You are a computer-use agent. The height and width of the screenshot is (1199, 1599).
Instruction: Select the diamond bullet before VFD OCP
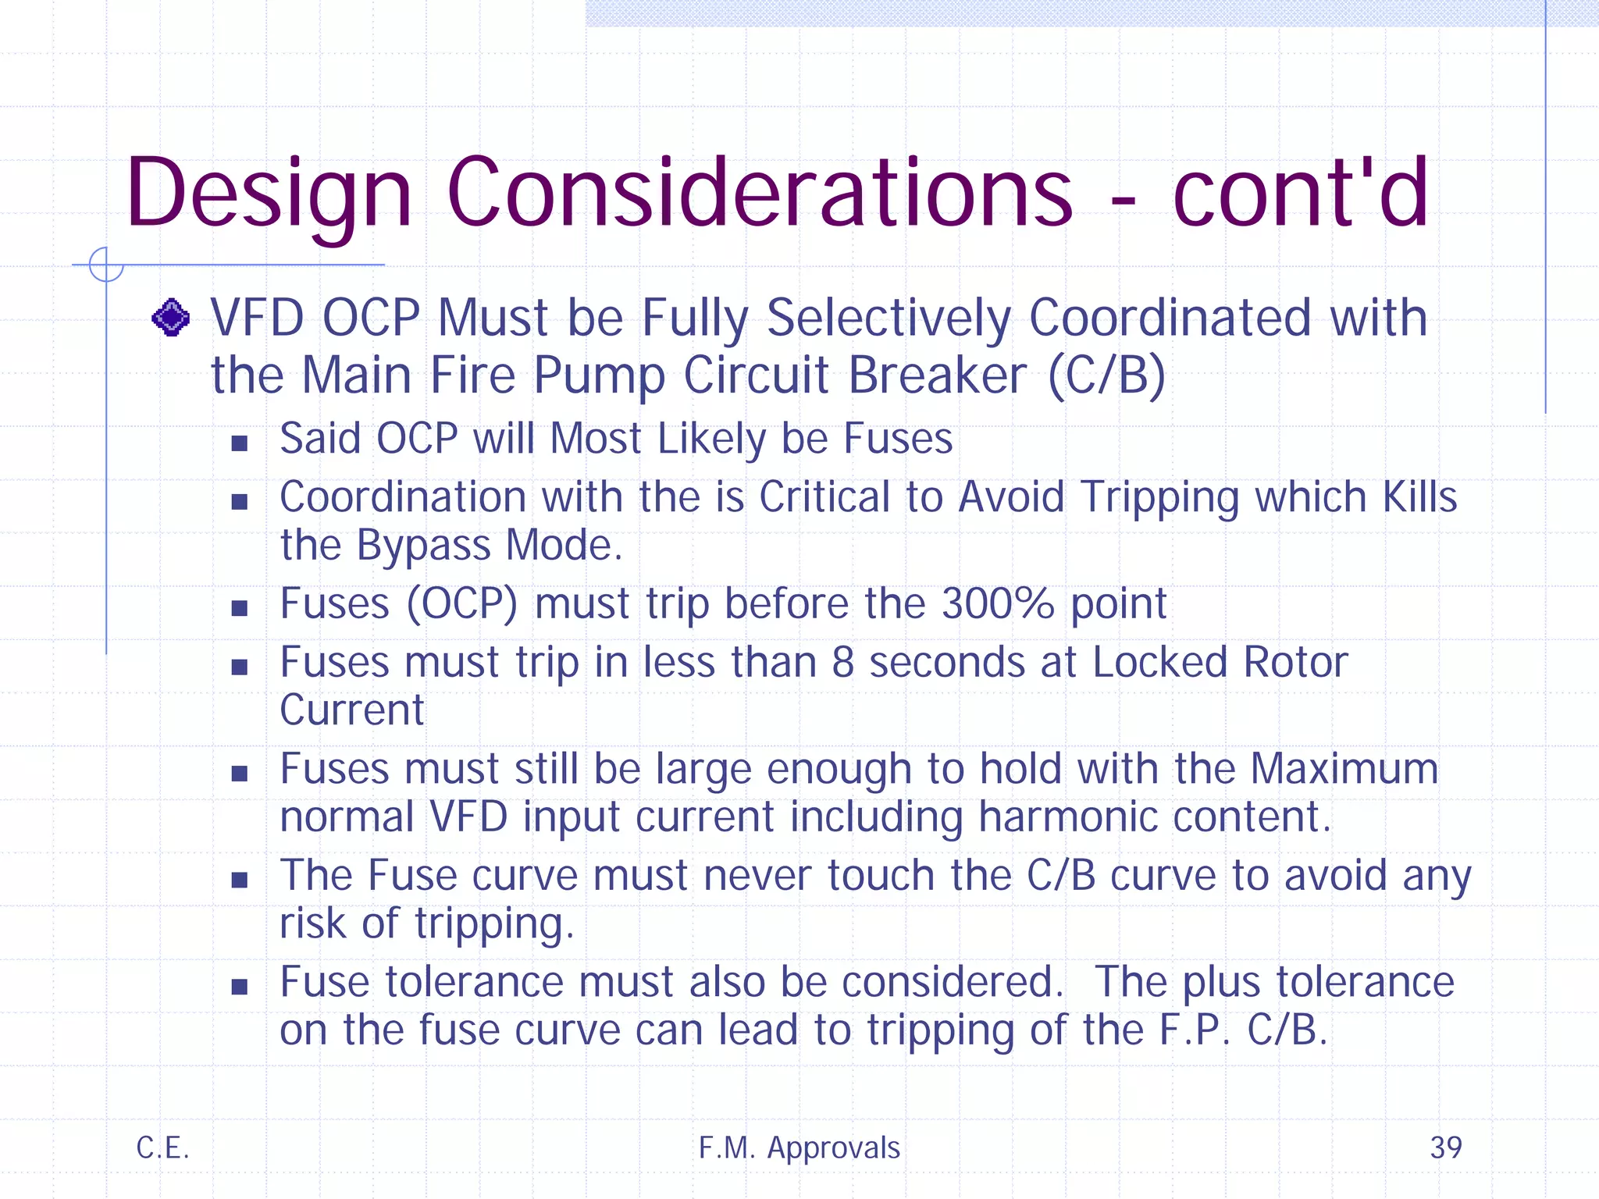(x=171, y=318)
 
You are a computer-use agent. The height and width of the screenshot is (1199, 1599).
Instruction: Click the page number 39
(x=1445, y=1147)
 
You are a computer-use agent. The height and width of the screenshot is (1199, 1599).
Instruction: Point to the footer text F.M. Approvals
(x=799, y=1147)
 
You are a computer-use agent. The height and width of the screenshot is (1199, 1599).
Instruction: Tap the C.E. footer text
(x=162, y=1147)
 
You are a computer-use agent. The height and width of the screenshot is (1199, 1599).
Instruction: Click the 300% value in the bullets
(x=997, y=603)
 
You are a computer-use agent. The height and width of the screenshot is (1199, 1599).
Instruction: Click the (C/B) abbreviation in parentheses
(x=1106, y=375)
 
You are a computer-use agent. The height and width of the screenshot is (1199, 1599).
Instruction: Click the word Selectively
(x=889, y=318)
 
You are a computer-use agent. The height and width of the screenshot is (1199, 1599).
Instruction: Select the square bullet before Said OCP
(x=240, y=443)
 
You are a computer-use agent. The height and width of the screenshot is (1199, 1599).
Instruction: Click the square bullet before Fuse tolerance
(x=240, y=987)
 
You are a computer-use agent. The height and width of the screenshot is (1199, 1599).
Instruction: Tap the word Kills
(x=1419, y=496)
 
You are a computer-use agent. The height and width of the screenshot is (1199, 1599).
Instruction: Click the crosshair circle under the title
(x=106, y=265)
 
